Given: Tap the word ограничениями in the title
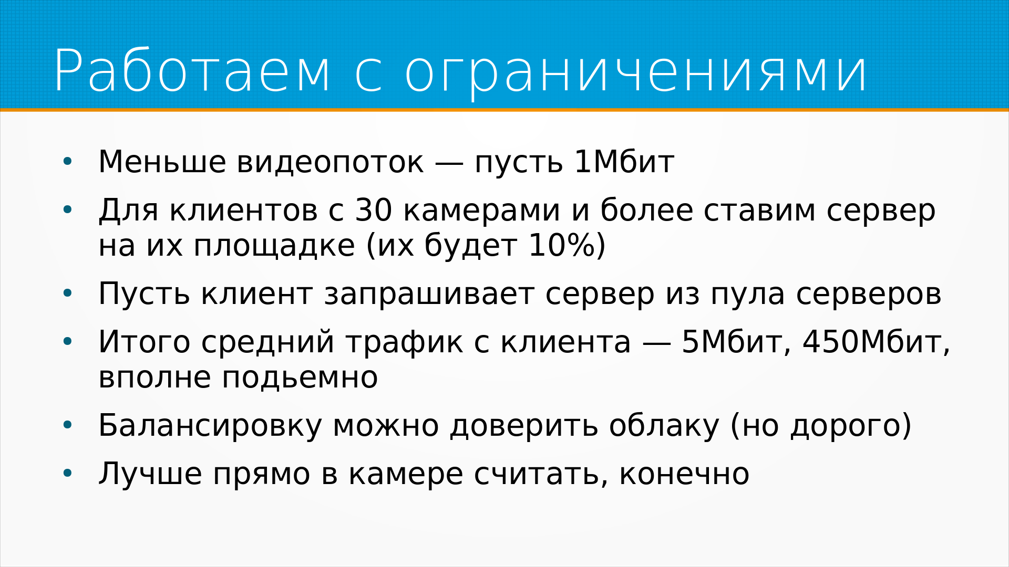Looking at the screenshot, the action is coord(635,74).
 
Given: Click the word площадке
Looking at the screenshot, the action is coord(274,246).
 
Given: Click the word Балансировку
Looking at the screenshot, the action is coord(210,426).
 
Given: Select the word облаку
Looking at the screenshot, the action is coord(664,426).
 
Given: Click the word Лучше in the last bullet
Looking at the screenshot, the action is coord(150,475).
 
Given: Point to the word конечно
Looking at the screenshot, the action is coord(684,475).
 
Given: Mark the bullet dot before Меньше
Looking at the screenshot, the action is coord(67,162).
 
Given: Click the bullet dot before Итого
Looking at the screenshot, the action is coord(67,342).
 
